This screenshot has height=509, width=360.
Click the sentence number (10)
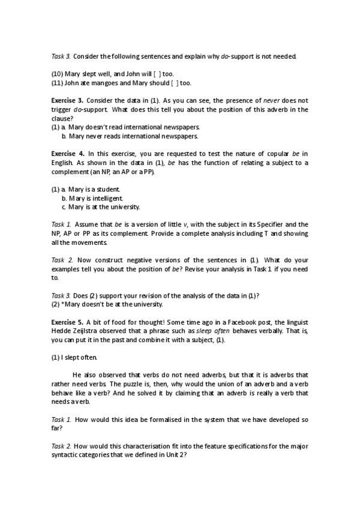(x=58, y=74)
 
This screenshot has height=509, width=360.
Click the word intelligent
(x=105, y=198)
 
